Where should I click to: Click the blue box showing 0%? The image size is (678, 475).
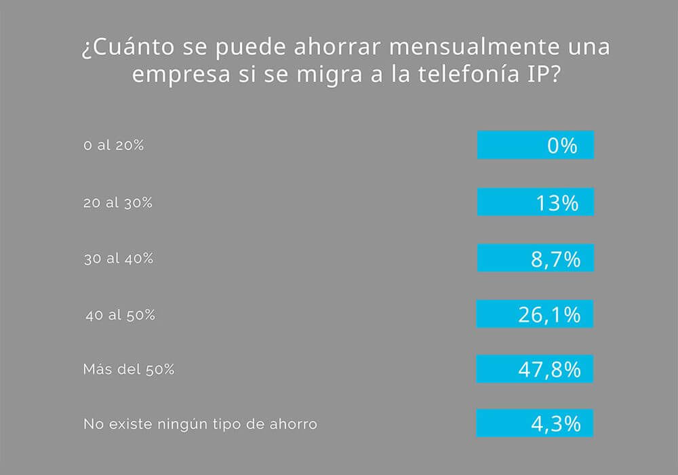click(535, 145)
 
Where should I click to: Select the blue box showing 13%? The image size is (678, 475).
click(535, 202)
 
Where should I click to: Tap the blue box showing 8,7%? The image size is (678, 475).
click(535, 258)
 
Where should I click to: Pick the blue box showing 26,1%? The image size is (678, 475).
click(535, 313)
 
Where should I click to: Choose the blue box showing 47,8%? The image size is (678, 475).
click(535, 369)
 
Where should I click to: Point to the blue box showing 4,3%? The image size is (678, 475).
click(535, 423)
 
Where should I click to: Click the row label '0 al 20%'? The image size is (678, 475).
click(113, 145)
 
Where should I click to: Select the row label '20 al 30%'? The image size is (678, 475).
click(117, 202)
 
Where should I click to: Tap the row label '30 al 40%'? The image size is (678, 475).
click(117, 259)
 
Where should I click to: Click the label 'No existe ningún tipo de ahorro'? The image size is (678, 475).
click(200, 425)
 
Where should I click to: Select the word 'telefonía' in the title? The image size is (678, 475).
click(463, 75)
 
